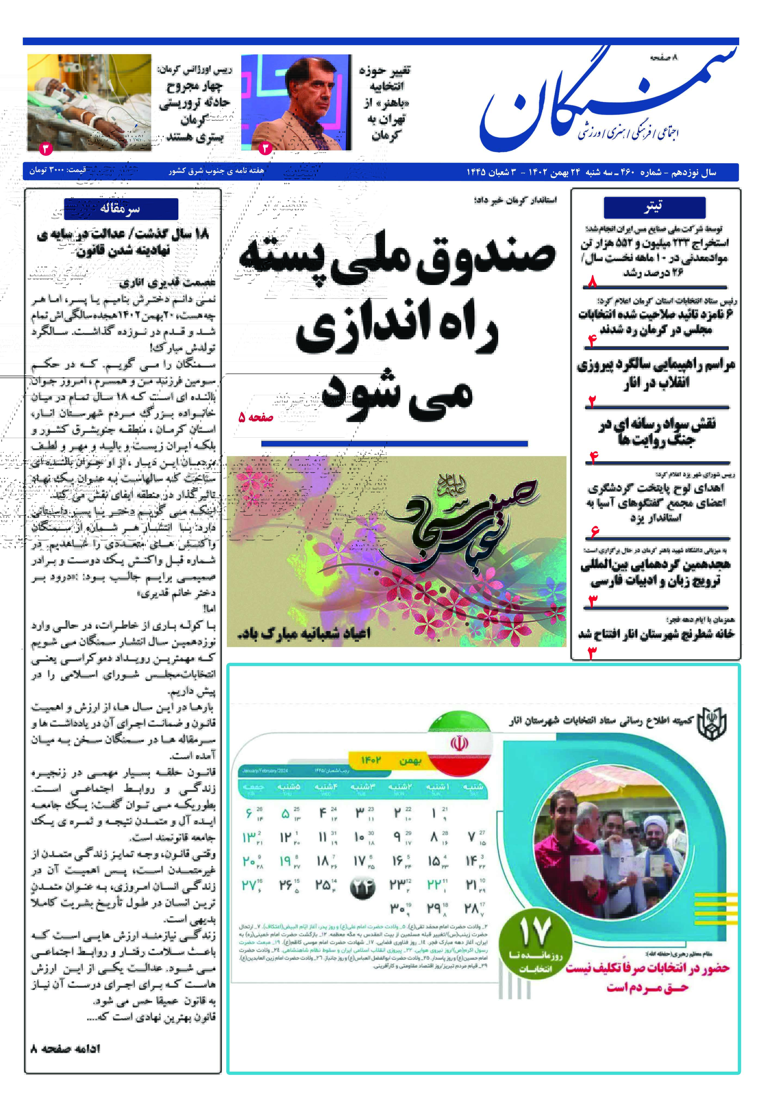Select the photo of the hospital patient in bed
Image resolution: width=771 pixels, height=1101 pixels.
click(x=89, y=102)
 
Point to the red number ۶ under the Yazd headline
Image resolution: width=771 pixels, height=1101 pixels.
click(x=594, y=531)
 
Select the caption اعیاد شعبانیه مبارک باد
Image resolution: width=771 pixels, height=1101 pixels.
click(x=304, y=633)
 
